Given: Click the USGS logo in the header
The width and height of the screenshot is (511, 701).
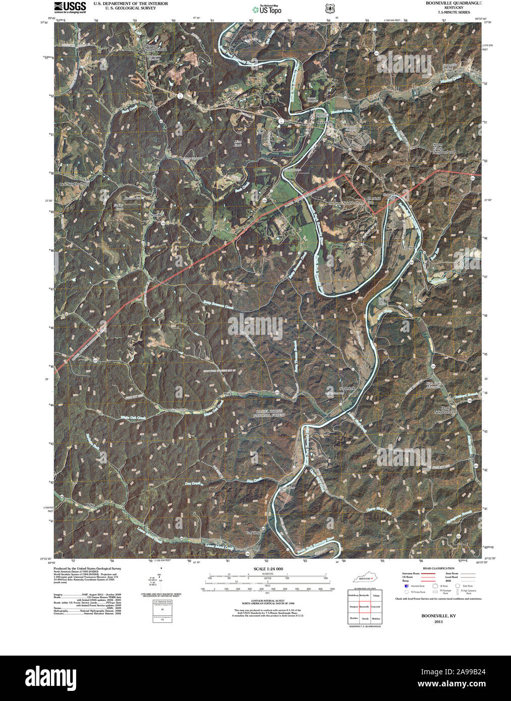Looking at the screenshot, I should tap(70, 7).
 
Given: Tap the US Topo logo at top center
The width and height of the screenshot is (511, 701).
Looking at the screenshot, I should tap(267, 9).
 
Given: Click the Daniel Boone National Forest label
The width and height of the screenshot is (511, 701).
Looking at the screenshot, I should tap(270, 414).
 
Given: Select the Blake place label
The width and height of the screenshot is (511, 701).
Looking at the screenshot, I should tap(90, 505).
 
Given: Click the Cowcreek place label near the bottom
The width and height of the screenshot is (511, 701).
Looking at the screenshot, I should tap(253, 533).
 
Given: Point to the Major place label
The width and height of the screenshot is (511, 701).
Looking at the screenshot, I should tap(227, 394).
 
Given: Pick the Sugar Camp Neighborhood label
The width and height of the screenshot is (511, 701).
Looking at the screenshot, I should tap(444, 149).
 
